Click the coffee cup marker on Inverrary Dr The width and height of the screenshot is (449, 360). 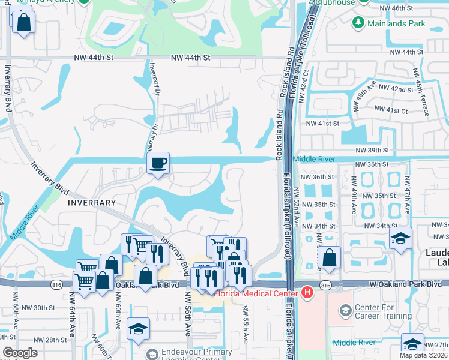(x=158, y=163)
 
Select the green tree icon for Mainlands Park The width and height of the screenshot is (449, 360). (x=358, y=22)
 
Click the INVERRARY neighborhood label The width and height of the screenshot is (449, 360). (x=91, y=203)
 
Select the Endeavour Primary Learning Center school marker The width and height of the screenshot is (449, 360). (x=138, y=329)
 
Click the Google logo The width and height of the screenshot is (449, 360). (x=20, y=353)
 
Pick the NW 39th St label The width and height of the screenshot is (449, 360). (x=372, y=150)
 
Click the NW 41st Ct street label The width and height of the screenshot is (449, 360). (x=390, y=110)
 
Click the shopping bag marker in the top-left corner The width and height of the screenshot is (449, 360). (x=23, y=23)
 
